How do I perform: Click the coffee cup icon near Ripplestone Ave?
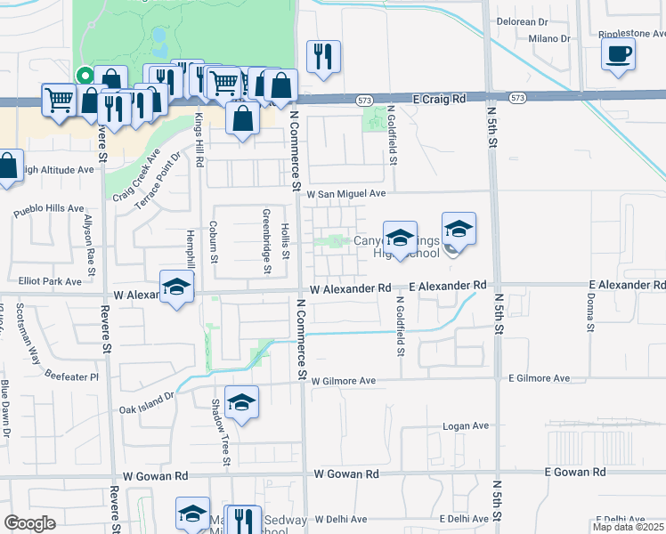(x=618, y=53)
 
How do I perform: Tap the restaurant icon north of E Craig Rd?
(x=321, y=56)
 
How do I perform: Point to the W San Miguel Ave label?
(x=346, y=192)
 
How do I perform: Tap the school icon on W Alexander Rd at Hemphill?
(x=176, y=287)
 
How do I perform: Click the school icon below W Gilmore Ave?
(x=241, y=402)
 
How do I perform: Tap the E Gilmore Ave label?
(x=539, y=378)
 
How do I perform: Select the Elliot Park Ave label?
(x=50, y=281)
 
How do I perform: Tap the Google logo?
(x=29, y=523)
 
